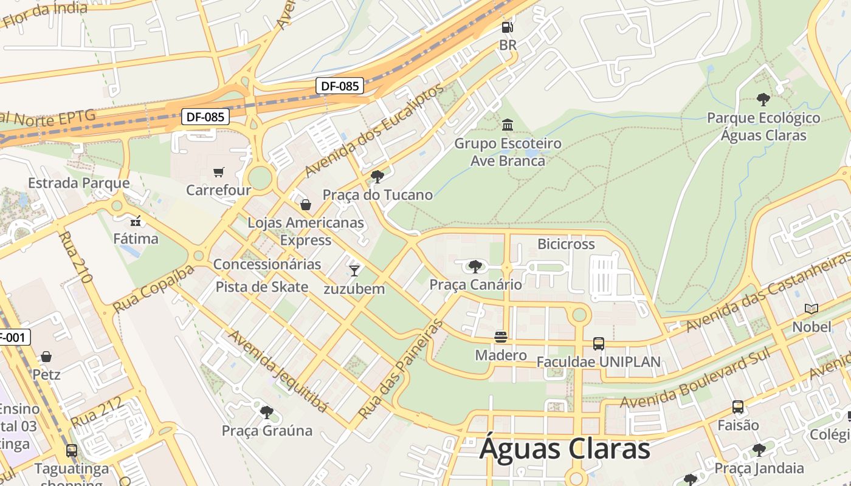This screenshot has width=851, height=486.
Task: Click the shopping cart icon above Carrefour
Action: tap(219, 172)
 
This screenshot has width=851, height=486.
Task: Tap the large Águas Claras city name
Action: tap(565, 450)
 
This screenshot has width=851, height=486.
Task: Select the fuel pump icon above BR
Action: tap(508, 27)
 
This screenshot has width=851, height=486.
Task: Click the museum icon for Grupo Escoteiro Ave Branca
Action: tap(508, 125)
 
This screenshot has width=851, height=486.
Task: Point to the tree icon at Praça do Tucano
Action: tap(377, 177)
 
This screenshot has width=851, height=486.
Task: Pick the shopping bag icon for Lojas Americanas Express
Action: tap(306, 205)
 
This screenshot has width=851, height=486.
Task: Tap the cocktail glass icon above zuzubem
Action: tap(354, 270)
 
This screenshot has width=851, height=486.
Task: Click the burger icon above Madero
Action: tap(501, 337)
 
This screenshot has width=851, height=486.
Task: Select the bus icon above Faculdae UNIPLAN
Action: tap(598, 344)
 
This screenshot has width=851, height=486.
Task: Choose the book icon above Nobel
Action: tap(811, 309)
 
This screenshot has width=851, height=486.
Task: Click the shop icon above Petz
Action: tap(46, 357)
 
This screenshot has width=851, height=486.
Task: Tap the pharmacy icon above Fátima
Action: tap(136, 221)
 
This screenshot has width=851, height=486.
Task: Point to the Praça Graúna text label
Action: tap(267, 431)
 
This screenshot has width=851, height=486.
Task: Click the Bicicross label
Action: tap(566, 244)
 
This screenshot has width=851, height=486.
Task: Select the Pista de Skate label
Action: tap(262, 287)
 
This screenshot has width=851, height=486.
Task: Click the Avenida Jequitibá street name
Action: tap(278, 371)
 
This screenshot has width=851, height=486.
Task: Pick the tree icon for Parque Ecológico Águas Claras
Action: tap(763, 100)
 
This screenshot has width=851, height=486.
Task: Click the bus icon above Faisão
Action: tap(738, 407)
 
